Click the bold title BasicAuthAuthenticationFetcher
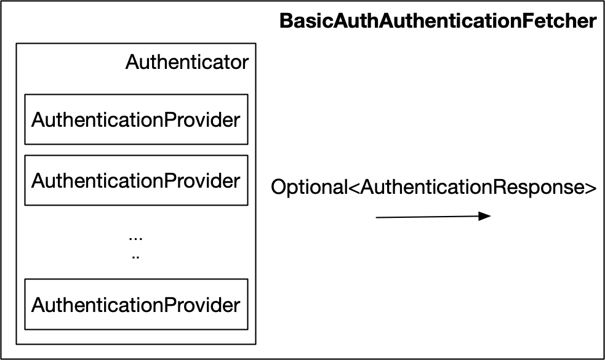438,22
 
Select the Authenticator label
187,62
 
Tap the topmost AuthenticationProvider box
135,119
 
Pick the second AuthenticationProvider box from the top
135,180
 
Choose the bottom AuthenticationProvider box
135,304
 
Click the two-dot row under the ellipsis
135,256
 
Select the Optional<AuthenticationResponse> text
434,188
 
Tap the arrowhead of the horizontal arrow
486,215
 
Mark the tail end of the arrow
377,217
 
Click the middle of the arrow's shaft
431,217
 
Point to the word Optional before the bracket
309,188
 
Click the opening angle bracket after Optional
354,188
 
